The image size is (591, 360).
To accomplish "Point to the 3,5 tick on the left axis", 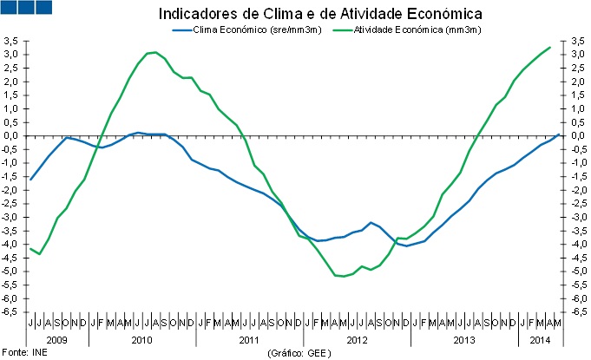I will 11,41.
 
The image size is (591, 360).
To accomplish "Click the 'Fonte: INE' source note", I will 23,353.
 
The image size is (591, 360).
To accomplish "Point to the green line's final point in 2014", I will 549,47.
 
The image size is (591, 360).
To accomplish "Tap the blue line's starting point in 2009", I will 30,179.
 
